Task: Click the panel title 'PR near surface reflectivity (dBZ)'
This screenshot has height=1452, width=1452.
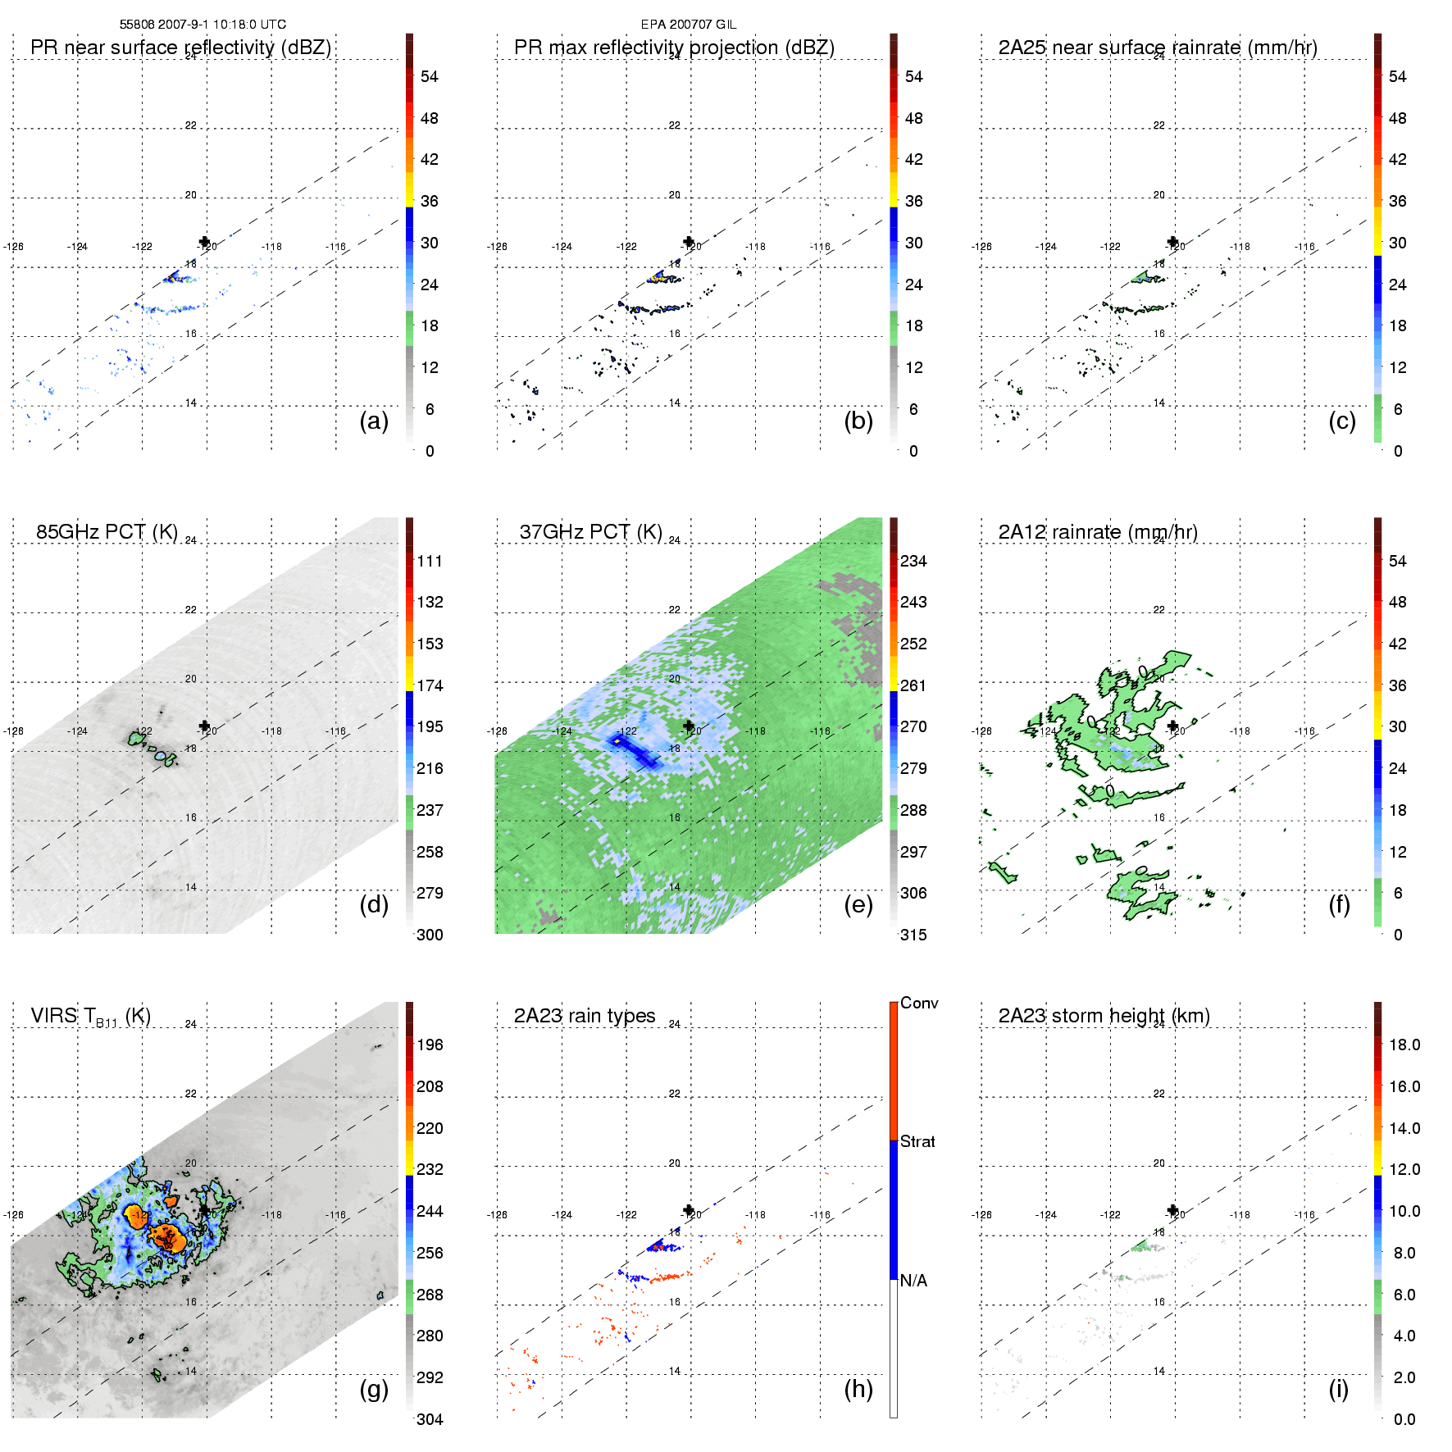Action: click(180, 48)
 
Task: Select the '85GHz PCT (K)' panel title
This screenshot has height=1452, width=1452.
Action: click(107, 532)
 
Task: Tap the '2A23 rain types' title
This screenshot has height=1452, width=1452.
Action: click(585, 1016)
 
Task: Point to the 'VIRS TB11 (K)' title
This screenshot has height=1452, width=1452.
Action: click(90, 1017)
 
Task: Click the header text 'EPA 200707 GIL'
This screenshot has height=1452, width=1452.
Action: click(689, 25)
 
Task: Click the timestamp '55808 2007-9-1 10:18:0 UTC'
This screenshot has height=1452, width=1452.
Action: click(203, 25)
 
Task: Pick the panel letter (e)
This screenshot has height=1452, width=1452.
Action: click(858, 904)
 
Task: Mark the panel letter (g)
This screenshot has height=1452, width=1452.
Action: click(374, 1389)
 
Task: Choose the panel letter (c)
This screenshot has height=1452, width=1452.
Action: click(1342, 421)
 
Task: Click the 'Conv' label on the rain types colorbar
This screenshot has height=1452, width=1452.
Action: click(919, 1004)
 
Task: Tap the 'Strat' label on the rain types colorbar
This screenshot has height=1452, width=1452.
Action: click(917, 1142)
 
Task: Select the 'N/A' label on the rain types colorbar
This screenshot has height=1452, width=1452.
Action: click(913, 1281)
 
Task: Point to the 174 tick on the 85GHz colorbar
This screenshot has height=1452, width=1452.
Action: click(430, 685)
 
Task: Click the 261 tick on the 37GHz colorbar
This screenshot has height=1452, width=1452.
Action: click(913, 685)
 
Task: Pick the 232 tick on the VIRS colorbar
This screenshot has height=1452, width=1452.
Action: click(430, 1170)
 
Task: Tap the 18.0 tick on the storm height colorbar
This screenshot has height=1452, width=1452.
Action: click(1404, 1045)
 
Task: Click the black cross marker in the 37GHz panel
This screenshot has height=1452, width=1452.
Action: click(689, 726)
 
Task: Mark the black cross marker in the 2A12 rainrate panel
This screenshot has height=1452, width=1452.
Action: click(1173, 726)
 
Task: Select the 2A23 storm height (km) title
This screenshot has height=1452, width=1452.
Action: click(1104, 1016)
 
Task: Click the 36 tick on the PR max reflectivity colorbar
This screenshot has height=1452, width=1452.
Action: click(913, 201)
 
